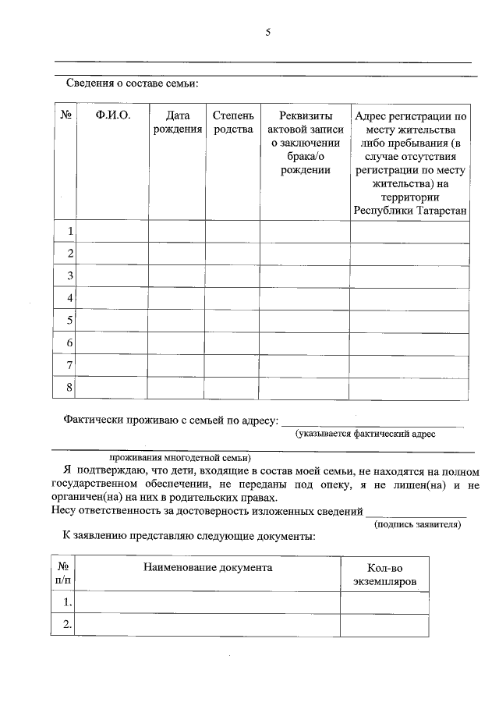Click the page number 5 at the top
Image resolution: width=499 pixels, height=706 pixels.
[267, 32]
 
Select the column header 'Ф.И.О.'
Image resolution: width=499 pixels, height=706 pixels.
[112, 115]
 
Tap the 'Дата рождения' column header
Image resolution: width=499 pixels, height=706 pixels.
[177, 122]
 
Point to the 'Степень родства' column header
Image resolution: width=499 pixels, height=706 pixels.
[232, 122]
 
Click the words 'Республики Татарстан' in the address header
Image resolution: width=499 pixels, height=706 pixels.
[410, 211]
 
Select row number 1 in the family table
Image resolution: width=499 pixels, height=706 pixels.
[70, 232]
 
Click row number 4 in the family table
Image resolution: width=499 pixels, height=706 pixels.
[70, 298]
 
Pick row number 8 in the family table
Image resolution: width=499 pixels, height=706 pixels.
[70, 387]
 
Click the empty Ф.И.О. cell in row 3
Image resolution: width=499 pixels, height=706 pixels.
[112, 276]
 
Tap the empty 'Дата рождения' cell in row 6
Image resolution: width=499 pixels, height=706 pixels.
[177, 342]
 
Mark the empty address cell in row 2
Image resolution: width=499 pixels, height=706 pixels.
[410, 254]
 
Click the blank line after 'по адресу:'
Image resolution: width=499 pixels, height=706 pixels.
[373, 425]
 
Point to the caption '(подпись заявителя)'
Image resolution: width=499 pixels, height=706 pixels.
[417, 524]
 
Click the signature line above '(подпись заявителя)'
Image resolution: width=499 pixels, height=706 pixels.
[416, 516]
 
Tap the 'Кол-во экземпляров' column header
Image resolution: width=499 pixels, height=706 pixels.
[384, 575]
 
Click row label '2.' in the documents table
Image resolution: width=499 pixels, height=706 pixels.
[67, 623]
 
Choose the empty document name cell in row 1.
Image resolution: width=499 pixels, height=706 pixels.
[207, 602]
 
